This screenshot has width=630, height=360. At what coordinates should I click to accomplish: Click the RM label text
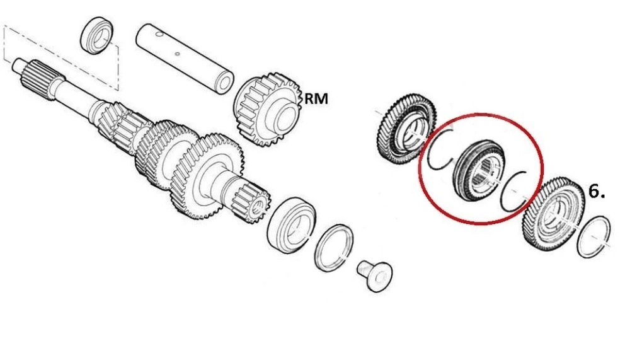point(316,98)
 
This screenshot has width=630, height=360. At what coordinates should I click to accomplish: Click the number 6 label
point(596,191)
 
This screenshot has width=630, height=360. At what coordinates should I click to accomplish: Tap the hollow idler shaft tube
point(185,59)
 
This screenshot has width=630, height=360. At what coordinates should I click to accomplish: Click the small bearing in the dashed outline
point(97,35)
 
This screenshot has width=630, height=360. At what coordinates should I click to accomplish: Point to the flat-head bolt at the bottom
point(375,276)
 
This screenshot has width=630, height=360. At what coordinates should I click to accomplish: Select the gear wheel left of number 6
point(554,215)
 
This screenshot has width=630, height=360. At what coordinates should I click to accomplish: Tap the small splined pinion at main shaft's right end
point(251,204)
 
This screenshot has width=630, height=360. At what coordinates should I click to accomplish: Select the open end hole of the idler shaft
point(225,83)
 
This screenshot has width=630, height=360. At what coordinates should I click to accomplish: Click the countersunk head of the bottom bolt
point(380,277)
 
